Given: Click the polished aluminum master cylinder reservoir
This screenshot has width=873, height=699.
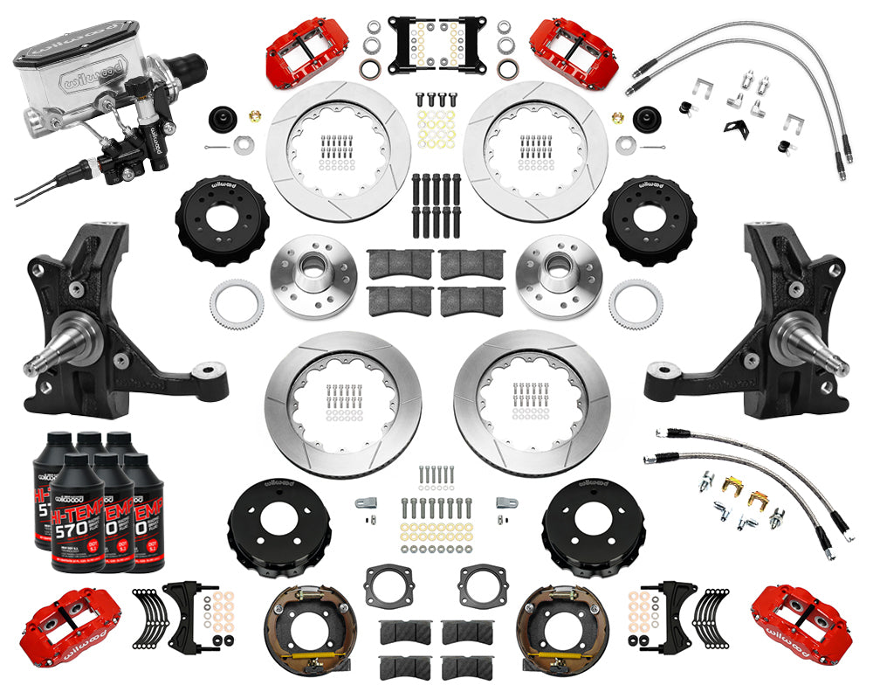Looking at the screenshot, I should point(74,74).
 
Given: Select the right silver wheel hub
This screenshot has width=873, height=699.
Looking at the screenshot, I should point(559,272).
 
